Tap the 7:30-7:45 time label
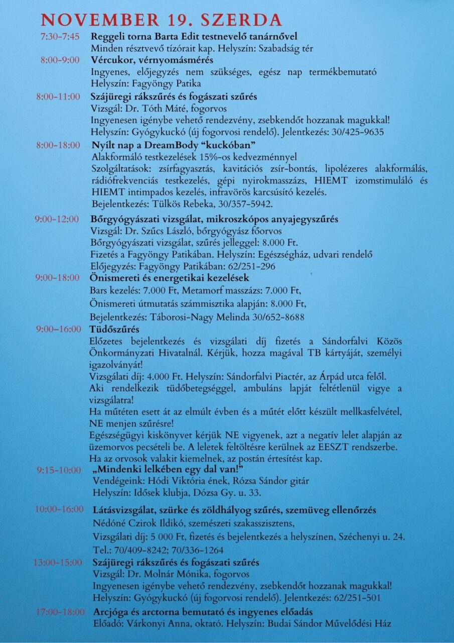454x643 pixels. point(59,37)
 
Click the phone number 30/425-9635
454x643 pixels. point(359,133)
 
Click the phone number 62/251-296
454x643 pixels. point(256,266)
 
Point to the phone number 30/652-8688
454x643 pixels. point(279,317)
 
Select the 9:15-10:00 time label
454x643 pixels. point(58,470)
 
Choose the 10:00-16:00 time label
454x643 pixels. point(59,509)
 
